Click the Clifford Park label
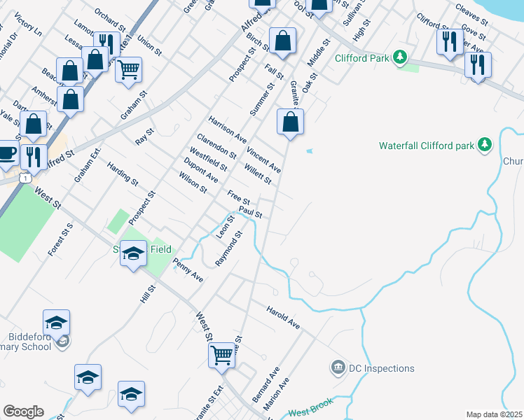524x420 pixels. [x=361, y=58]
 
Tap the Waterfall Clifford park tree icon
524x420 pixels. [x=483, y=146]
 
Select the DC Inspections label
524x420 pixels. [x=382, y=368]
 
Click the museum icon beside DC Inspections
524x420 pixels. [x=338, y=367]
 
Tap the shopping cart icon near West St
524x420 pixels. [x=222, y=355]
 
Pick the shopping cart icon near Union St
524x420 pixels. [x=128, y=69]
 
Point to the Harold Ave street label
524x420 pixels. [x=283, y=316]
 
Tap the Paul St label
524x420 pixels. [x=249, y=211]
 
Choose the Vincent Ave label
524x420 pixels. [x=263, y=160]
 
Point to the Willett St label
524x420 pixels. [x=258, y=174]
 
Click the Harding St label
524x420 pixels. [x=123, y=174]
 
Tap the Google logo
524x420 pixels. [x=23, y=412]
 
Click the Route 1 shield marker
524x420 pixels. [x=25, y=179]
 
